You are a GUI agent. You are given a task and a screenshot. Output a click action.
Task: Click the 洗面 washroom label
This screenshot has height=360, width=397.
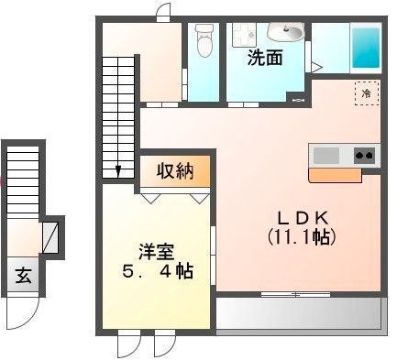pyautogui.click(x=264, y=57)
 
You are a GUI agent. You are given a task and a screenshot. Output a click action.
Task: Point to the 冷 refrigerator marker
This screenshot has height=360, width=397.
pyautogui.click(x=366, y=93)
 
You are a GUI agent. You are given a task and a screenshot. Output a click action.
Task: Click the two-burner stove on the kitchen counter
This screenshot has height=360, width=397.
pyautogui.click(x=364, y=155)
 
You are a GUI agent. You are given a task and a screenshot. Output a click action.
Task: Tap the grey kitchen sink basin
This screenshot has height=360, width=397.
pyautogui.click(x=326, y=155)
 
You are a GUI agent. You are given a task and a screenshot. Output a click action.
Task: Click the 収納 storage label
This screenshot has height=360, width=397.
pyautogui.click(x=175, y=170)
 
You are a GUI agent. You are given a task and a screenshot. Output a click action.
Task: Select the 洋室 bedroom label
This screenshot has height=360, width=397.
pyautogui.click(x=153, y=249)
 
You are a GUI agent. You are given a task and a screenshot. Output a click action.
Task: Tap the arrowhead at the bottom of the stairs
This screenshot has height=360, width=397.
pyautogui.click(x=119, y=170)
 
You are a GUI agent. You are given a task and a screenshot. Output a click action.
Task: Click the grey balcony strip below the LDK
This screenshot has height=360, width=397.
pyautogui.click(x=299, y=316)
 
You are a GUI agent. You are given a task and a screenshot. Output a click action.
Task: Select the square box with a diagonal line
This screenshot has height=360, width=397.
pyautogui.click(x=51, y=237)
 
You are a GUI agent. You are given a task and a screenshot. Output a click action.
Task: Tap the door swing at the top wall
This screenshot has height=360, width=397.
pyautogui.click(x=163, y=12)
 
